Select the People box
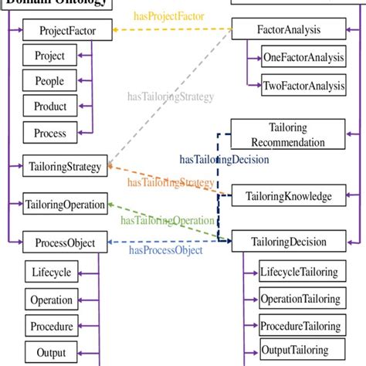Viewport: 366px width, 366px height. coord(49,81)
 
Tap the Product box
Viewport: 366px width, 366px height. coord(50,107)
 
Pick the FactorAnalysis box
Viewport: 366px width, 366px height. coord(287,31)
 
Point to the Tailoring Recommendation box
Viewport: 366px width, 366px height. coord(287,134)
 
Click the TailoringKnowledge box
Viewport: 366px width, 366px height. coord(287,196)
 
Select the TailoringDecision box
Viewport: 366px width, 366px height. coord(287,242)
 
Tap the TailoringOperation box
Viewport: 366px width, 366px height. coord(65,205)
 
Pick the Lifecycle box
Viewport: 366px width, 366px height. coord(51,273)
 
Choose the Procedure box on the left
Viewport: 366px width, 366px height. coord(51,325)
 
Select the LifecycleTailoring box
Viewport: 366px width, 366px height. coord(298,272)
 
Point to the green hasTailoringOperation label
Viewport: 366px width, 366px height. coord(167,221)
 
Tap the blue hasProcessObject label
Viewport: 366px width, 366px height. coord(165,250)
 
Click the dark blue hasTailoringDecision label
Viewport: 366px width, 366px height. coord(224,160)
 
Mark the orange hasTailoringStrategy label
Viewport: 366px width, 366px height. coord(171,183)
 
